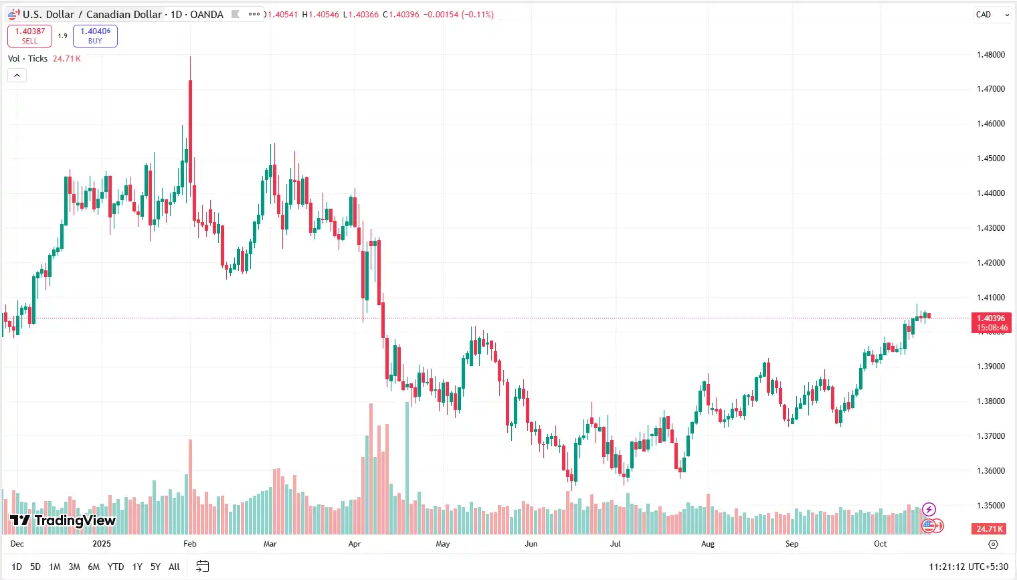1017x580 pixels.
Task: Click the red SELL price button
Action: (29, 35)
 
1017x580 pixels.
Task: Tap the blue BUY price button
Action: (95, 35)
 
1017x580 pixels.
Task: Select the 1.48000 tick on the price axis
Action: (990, 55)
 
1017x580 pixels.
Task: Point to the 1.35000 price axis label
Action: (990, 506)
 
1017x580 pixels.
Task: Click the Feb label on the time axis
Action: (190, 544)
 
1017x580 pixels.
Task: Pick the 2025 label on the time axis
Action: (102, 544)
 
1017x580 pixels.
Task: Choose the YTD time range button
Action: (116, 567)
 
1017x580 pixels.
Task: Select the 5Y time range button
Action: (155, 567)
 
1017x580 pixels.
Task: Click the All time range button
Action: (174, 567)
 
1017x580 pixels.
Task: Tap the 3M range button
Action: (74, 567)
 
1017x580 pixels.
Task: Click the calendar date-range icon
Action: (203, 567)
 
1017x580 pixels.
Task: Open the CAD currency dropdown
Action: (992, 15)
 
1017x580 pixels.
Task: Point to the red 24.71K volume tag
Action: (990, 528)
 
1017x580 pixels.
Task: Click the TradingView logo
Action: (62, 520)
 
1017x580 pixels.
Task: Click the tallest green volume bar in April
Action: (407, 468)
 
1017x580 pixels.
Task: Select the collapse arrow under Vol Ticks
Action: (17, 76)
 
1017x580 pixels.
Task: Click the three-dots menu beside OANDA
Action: (254, 14)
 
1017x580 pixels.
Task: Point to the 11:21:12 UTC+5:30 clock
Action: (968, 567)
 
